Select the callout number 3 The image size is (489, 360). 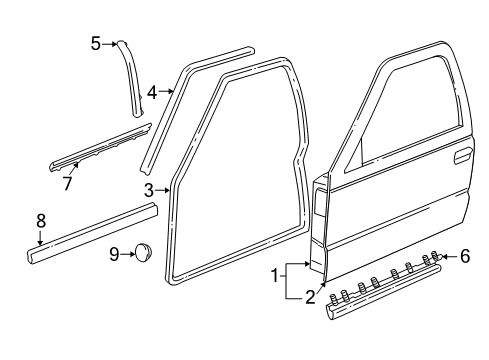148,190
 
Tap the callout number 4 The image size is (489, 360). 151,92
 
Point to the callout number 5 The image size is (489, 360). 96,43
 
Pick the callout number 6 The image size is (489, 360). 465,257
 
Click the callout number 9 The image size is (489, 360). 113,255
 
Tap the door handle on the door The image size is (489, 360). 463,157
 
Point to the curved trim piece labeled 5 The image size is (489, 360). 131,70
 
